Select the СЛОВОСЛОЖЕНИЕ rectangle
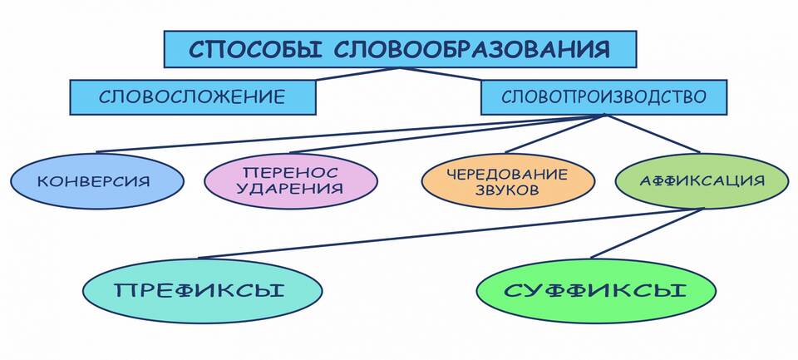pyautogui.click(x=192, y=96)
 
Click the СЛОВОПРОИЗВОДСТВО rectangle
pyautogui.click(x=603, y=96)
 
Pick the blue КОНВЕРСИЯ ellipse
pyautogui.click(x=96, y=180)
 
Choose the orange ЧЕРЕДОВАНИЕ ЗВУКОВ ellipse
pyautogui.click(x=507, y=181)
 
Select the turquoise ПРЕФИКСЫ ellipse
pyautogui.click(x=202, y=291)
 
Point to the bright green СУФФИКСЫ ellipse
pyautogui.click(x=595, y=291)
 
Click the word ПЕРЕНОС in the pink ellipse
pyautogui.click(x=290, y=171)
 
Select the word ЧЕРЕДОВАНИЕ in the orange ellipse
pyautogui.click(x=507, y=174)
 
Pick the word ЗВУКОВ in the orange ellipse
pyautogui.click(x=507, y=190)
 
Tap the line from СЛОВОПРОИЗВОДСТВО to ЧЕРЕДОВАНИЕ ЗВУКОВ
pyautogui.click(x=555, y=135)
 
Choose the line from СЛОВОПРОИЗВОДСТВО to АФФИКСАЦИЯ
pyautogui.click(x=653, y=135)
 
